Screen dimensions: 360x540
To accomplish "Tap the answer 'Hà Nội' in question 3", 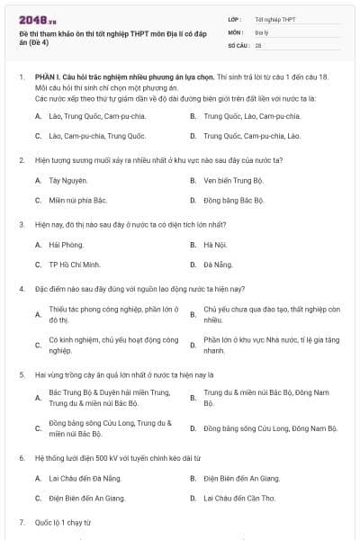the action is (x=214, y=245).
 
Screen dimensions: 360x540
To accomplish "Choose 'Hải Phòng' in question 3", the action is (x=66, y=245).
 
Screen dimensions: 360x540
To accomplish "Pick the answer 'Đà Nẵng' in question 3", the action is (x=217, y=265).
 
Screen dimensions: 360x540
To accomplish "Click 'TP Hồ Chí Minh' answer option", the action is (x=75, y=265).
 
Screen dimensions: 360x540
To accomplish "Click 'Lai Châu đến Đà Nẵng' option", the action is (x=85, y=478).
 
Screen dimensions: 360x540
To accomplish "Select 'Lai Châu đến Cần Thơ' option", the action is (x=238, y=498).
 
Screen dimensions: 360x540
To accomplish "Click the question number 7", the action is (x=21, y=522).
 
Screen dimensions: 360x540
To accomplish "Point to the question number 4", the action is (x=21, y=289).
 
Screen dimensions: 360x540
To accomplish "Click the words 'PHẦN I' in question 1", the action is (x=47, y=78).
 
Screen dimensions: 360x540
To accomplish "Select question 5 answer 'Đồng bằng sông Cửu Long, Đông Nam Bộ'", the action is (x=270, y=428).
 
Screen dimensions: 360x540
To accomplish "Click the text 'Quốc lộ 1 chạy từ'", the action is (x=63, y=522).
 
